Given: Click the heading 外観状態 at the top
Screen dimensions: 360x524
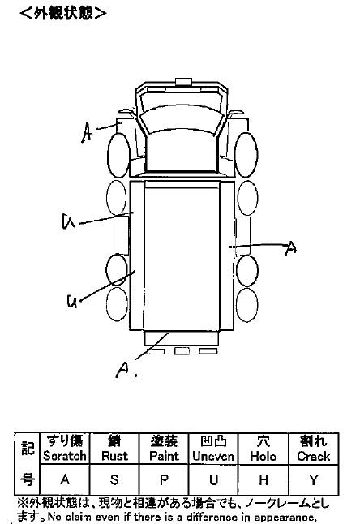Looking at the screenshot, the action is [63, 13].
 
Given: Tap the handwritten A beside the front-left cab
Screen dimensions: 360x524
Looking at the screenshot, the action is [87, 132].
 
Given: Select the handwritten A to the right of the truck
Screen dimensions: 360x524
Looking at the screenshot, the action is [290, 248].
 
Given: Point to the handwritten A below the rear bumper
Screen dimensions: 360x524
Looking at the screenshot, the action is [123, 370].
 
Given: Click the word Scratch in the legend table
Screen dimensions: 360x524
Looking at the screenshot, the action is [65, 456].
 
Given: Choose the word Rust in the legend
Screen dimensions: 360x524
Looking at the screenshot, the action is [114, 456].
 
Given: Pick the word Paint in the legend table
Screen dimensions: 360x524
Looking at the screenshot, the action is [164, 456].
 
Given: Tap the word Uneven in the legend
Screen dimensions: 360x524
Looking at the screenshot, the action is [213, 456].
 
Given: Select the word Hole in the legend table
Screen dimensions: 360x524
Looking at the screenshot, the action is [264, 456].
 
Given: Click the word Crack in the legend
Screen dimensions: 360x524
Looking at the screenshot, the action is [313, 456].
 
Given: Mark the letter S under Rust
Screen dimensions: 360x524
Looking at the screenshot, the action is [114, 480].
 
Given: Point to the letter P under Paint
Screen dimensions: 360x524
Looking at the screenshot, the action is [164, 480].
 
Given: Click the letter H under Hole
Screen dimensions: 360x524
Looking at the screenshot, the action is [264, 480].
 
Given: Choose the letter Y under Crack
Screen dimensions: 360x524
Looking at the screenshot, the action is [313, 480].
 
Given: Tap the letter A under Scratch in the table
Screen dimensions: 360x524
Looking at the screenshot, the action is [65, 480].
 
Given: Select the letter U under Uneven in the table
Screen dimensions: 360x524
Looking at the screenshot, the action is [213, 480].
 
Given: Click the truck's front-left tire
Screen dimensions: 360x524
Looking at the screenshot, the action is [118, 156].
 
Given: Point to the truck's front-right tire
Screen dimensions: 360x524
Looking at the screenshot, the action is [246, 155].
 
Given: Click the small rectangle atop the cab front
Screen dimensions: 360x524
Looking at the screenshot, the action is [184, 82].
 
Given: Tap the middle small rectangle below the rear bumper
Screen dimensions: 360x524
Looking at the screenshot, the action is [182, 351].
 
